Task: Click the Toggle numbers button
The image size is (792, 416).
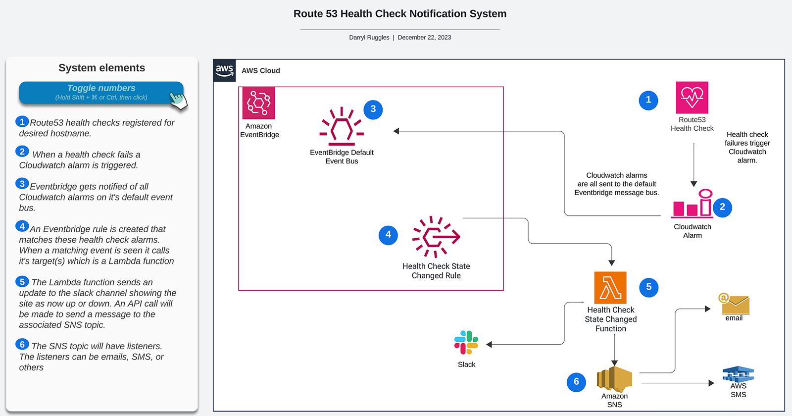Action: click(x=101, y=93)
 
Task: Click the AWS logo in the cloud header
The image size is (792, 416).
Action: click(x=224, y=70)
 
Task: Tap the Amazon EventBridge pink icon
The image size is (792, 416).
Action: click(x=258, y=103)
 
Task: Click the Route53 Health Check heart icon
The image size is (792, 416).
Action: click(x=692, y=98)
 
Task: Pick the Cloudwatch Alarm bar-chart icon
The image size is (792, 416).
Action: click(x=692, y=204)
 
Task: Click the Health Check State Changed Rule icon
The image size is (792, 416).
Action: click(x=436, y=237)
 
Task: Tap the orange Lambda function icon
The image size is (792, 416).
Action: click(x=610, y=288)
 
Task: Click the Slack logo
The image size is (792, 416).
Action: click(x=466, y=343)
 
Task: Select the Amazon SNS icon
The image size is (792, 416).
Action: click(x=614, y=379)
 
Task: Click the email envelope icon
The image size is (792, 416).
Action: click(x=734, y=304)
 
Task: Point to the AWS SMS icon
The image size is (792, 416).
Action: click(x=738, y=374)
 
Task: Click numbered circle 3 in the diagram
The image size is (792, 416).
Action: click(x=373, y=109)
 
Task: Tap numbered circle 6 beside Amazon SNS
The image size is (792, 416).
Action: click(x=576, y=382)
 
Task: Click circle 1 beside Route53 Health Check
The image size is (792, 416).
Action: click(x=648, y=100)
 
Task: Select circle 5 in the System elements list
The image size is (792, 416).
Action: click(x=22, y=282)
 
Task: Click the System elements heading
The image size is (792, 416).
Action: click(x=101, y=68)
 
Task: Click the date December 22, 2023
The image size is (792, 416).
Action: click(x=424, y=38)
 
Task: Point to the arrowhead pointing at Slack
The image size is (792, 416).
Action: click(x=489, y=344)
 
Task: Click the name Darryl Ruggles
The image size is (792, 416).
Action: click(x=369, y=38)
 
